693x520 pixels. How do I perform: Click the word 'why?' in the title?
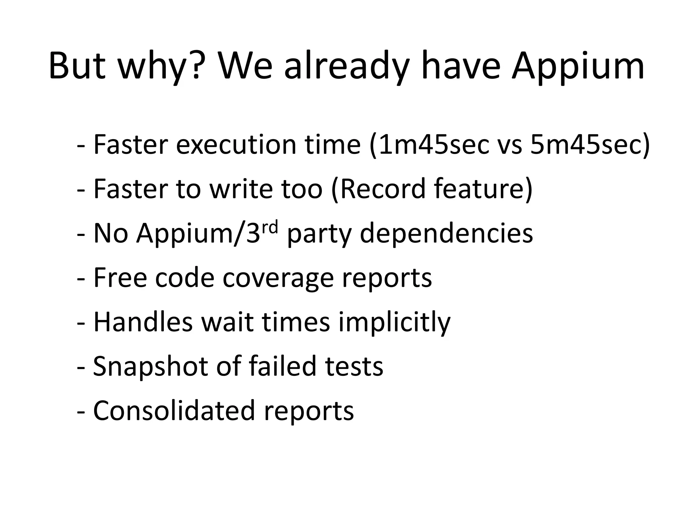click(159, 66)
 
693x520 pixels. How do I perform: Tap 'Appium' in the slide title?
click(578, 66)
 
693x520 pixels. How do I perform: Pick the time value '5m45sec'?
click(590, 145)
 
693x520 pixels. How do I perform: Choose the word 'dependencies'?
click(446, 234)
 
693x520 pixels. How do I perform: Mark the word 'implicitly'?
click(394, 322)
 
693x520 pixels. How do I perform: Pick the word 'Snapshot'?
click(150, 367)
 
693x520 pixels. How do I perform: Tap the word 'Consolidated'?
click(174, 410)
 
